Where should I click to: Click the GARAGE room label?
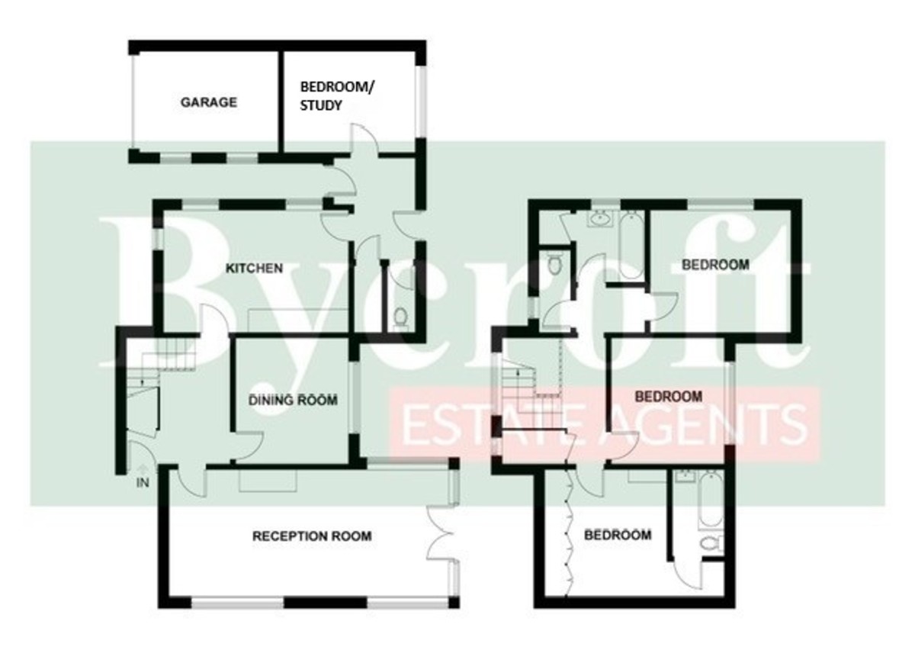pyautogui.click(x=209, y=102)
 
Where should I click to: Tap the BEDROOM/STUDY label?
pyautogui.click(x=337, y=96)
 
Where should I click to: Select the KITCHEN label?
pyautogui.click(x=255, y=268)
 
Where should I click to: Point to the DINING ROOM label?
pyautogui.click(x=293, y=400)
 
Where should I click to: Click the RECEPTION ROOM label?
pyautogui.click(x=312, y=536)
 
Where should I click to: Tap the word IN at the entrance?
pyautogui.click(x=143, y=483)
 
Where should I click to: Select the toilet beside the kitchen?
pyautogui.click(x=401, y=317)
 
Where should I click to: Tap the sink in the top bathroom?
pyautogui.click(x=600, y=219)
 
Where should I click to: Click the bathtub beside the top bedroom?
pyautogui.click(x=632, y=245)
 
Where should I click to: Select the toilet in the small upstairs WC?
pyautogui.click(x=554, y=264)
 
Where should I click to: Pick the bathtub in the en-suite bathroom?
pyautogui.click(x=712, y=501)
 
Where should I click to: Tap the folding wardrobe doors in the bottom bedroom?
pyautogui.click(x=569, y=532)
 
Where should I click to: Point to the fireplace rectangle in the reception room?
pyautogui.click(x=268, y=481)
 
